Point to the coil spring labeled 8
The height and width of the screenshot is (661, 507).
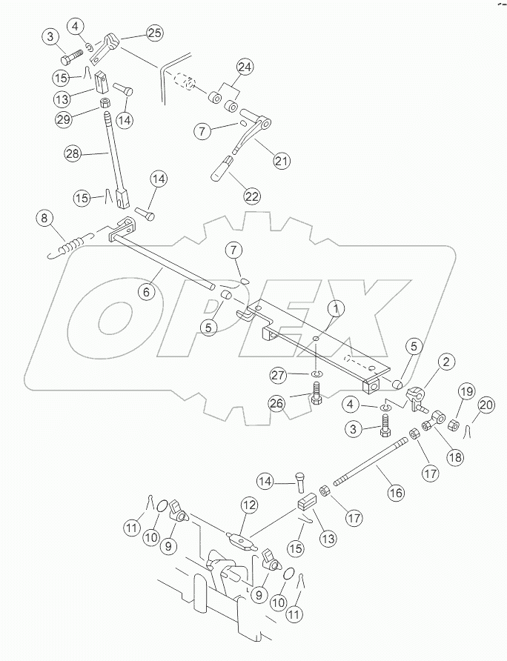(x=71, y=243)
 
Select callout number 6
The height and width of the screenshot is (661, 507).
(x=146, y=292)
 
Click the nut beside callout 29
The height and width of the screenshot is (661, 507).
(x=105, y=102)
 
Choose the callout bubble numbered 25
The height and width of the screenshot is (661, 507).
(x=155, y=33)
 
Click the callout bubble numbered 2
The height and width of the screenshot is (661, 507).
(x=445, y=362)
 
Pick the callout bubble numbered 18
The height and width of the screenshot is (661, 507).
(x=454, y=456)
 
